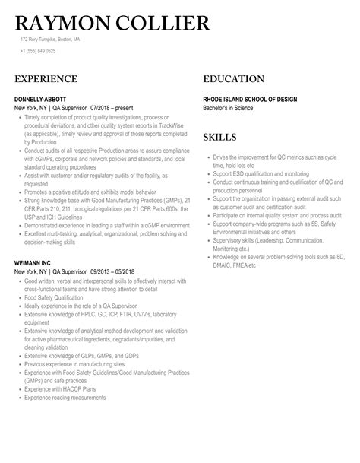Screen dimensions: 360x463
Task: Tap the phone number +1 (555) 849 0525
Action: [38, 51]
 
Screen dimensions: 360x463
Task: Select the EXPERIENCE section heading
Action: [46, 79]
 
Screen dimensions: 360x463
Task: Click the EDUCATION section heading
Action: [234, 79]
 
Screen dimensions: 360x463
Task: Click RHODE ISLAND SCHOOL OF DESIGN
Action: [250, 100]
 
